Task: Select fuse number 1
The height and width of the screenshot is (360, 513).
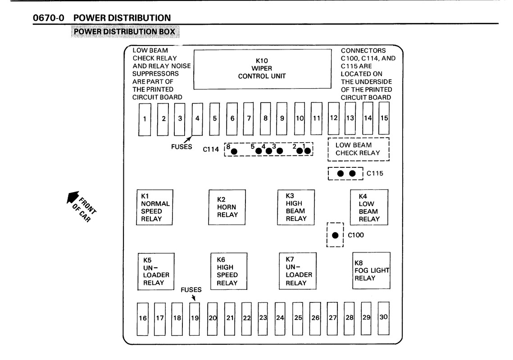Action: (x=145, y=119)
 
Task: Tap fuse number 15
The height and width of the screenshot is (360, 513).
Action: (x=384, y=118)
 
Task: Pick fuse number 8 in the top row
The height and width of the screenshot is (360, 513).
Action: (x=266, y=118)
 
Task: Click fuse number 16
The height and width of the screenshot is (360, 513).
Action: (x=143, y=318)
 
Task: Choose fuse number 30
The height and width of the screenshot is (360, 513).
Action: (x=383, y=317)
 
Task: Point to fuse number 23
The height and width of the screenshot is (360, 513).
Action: (x=263, y=318)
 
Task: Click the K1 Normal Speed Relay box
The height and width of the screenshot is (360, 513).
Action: (x=155, y=207)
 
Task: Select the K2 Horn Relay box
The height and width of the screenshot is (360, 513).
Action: (x=227, y=207)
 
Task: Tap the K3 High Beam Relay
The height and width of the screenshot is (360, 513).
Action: (x=295, y=207)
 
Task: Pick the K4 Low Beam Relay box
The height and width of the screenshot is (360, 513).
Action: (x=369, y=207)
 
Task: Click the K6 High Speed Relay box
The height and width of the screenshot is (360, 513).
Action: (x=229, y=271)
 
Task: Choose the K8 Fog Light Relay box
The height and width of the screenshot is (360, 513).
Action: (x=371, y=270)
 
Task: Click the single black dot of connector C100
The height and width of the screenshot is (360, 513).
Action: (x=335, y=235)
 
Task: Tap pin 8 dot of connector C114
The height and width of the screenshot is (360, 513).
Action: (x=234, y=151)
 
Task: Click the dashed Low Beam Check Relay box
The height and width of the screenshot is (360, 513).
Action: (x=358, y=149)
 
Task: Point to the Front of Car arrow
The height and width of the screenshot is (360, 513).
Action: (x=72, y=198)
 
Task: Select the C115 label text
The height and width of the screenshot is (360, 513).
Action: (x=375, y=173)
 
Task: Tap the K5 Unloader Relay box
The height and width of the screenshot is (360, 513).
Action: (x=155, y=271)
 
